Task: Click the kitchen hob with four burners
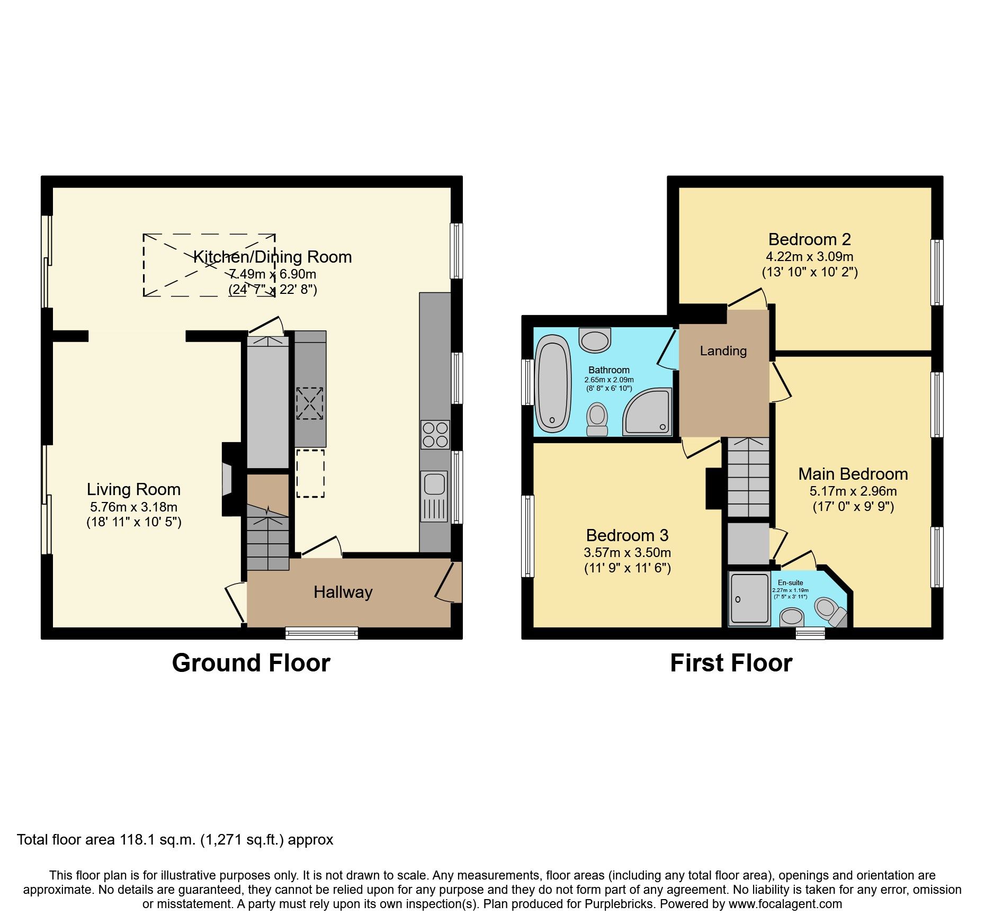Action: coord(435,434)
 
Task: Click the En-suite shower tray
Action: coord(749,598)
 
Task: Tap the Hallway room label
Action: coord(343,592)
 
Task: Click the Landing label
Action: coord(723,351)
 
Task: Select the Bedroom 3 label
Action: coord(627,535)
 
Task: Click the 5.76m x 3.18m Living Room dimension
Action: coord(133,507)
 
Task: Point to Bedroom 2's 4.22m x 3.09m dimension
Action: coord(809,257)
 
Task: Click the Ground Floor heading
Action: coord(251,663)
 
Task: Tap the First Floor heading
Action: coord(731,663)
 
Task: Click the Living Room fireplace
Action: coord(228,479)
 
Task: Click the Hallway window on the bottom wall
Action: coord(321,632)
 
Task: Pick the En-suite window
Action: coord(810,632)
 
